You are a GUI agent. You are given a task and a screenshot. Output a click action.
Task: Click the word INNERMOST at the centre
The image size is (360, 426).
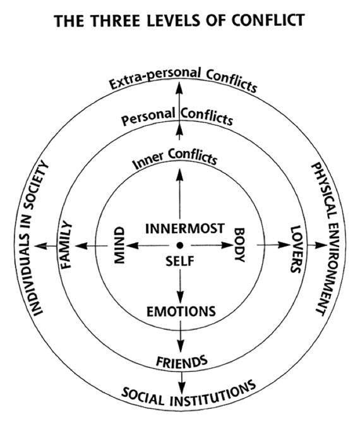pos(185,229)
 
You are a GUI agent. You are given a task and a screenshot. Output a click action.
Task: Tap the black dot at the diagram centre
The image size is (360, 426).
pos(179,245)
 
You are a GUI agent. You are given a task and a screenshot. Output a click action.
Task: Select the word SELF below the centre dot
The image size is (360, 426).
pos(180,262)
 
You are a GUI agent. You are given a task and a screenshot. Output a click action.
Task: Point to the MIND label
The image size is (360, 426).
pos(119,245)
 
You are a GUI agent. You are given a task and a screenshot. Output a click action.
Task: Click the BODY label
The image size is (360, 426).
pos(240,245)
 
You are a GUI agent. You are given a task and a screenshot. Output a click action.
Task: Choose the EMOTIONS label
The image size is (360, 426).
pos(181,312)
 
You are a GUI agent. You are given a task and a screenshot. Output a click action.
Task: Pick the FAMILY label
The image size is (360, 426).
pos(66,245)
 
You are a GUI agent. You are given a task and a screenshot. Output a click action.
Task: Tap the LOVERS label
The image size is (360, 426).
pos(296,249)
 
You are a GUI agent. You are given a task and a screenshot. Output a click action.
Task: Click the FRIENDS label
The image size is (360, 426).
pos(182,362)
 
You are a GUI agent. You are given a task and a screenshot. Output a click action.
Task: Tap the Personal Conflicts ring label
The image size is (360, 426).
pos(177,116)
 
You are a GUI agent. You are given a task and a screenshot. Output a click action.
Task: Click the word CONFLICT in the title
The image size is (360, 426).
pos(268,20)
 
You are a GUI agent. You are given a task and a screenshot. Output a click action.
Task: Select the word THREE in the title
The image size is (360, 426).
pos(114,20)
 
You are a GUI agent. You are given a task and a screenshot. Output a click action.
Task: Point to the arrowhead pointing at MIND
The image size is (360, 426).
pos(132,246)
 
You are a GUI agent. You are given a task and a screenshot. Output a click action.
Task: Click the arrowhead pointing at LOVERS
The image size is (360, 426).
pos(284,245)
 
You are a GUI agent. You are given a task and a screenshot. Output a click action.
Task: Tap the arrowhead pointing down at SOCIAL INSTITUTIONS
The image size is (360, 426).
pos(182,387)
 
